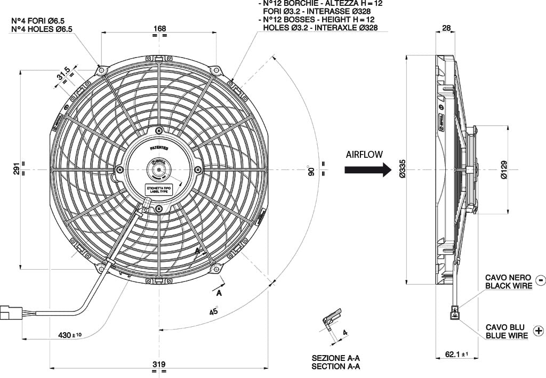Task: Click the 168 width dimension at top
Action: pos(159,28)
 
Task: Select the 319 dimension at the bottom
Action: pos(159,364)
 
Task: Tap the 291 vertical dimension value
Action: pos(16,170)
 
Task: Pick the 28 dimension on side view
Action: pos(446,28)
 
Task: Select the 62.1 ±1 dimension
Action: pos(456,354)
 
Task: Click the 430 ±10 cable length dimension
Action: pos(70,335)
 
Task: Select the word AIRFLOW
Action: pos(364,155)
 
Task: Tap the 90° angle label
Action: pos(311,171)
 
